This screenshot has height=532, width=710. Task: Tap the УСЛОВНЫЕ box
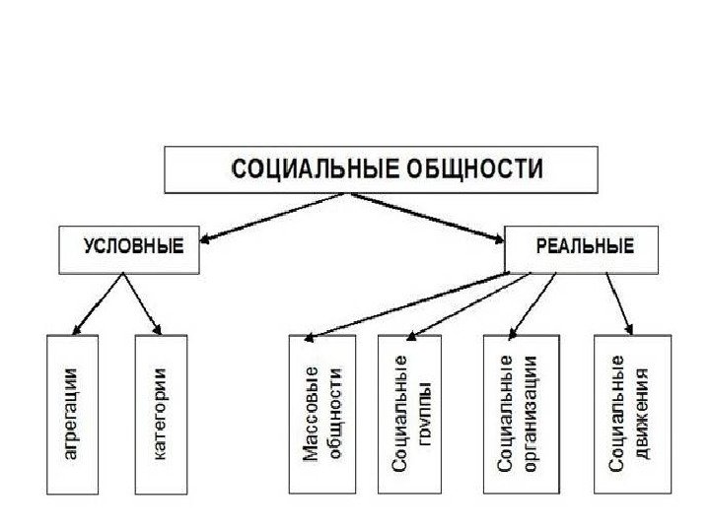[x=128, y=248]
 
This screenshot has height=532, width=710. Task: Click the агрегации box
[x=72, y=414]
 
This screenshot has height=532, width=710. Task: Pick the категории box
[x=160, y=414]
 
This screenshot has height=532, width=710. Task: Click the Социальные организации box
[x=520, y=414]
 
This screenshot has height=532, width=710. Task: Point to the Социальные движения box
[x=632, y=414]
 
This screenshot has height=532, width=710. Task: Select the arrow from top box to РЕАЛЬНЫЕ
[x=434, y=215]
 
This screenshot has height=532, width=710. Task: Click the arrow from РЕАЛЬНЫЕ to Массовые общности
[x=404, y=305]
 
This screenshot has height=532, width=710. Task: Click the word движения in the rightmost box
[x=643, y=414]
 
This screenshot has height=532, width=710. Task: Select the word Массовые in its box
[x=310, y=414]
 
